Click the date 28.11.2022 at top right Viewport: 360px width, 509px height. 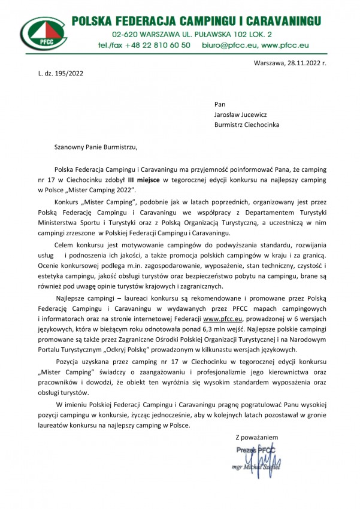pyautogui.click(x=305, y=63)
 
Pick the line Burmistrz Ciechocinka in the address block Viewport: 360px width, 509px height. pyautogui.click(x=246, y=125)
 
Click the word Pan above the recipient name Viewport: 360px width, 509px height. pyautogui.click(x=220, y=104)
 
